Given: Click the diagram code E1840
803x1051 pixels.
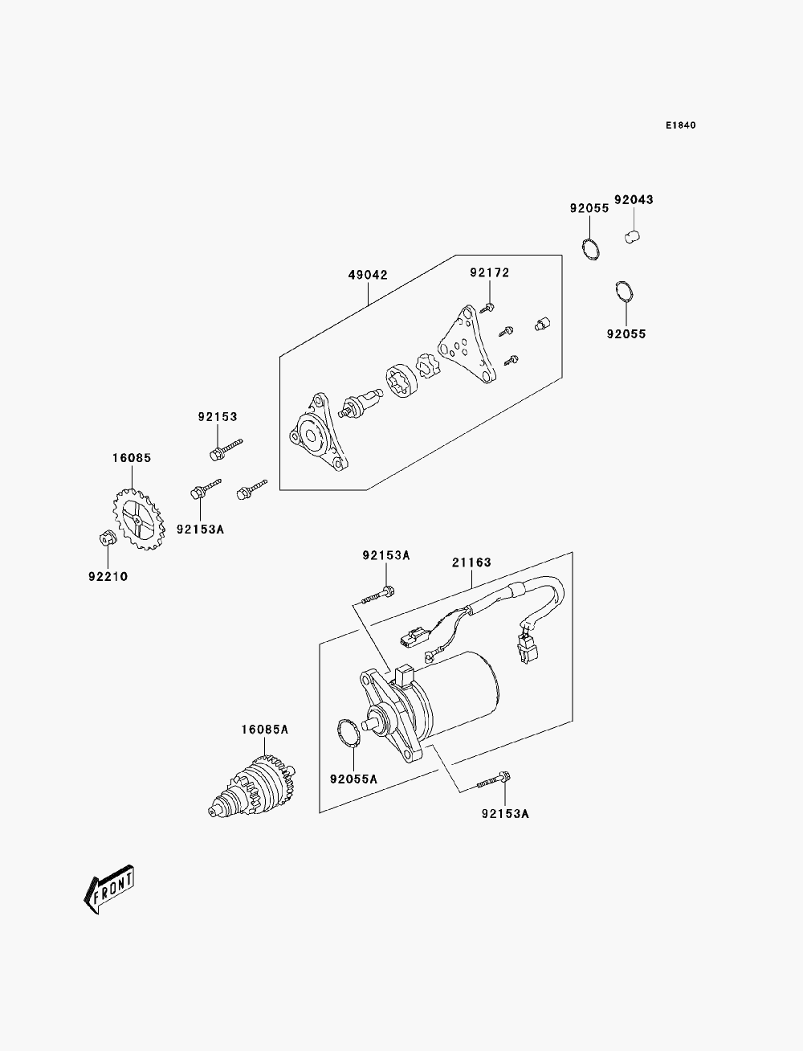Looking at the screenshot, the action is click(x=680, y=125).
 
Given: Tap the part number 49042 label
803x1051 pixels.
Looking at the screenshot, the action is click(x=368, y=276).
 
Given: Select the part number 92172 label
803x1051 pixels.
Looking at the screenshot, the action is click(x=490, y=273).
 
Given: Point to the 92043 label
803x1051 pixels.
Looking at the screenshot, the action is click(x=634, y=199).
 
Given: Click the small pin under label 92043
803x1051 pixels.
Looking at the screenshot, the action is click(x=633, y=236).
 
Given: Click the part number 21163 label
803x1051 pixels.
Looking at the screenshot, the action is click(x=471, y=562).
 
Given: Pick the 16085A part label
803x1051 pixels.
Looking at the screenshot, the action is click(x=265, y=730).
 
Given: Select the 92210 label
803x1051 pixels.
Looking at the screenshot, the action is click(x=108, y=576).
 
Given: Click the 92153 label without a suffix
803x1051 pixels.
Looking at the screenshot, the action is click(x=218, y=416).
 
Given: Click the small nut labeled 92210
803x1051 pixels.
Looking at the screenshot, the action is click(x=108, y=538).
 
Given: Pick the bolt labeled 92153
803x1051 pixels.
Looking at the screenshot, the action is click(x=226, y=450).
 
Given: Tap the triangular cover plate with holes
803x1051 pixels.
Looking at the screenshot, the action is click(x=467, y=345).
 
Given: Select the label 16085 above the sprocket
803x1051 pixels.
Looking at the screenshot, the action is click(x=132, y=458).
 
